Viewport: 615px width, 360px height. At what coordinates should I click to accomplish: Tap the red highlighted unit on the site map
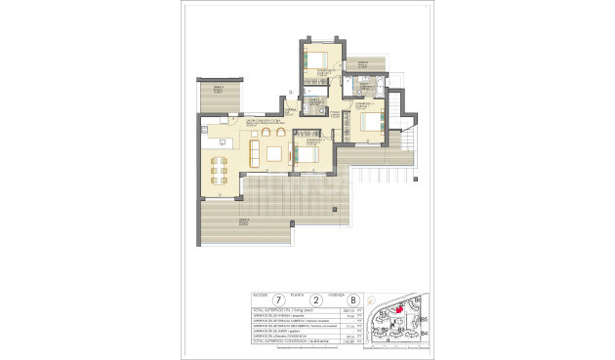point(398,310)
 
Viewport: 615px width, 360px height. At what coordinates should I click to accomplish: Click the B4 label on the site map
point(424,334)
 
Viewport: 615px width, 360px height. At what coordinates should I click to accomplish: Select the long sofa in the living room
point(255,152)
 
